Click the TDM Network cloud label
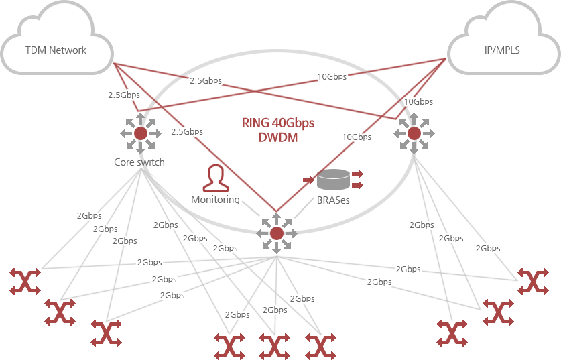56,50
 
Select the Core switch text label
139,162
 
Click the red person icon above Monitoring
215,177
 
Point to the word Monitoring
215,200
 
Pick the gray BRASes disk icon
333,180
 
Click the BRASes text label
333,200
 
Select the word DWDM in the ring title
277,138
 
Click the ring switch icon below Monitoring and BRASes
276,233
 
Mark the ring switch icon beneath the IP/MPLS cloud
414,133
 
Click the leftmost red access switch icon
25,281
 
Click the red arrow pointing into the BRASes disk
308,180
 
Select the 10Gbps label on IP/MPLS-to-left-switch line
332,76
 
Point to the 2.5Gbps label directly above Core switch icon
123,95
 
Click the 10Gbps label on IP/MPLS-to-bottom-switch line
357,137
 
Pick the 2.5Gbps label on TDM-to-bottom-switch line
186,131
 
